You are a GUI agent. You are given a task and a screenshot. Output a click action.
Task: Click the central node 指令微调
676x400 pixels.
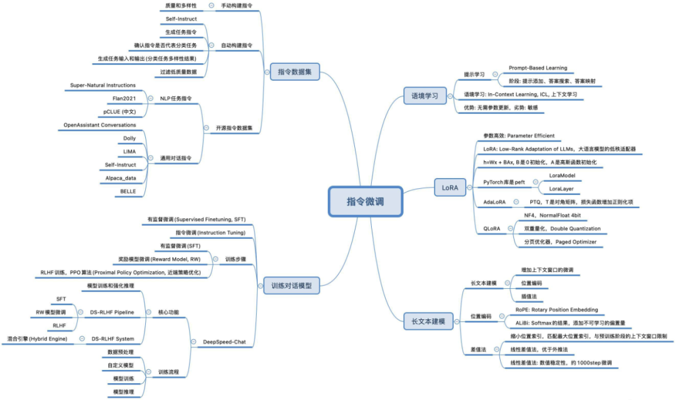coord(365,201)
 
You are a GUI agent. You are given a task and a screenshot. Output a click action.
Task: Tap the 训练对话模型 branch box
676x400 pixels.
coord(291,286)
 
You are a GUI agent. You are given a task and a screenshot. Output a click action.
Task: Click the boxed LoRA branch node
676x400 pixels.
coord(449,187)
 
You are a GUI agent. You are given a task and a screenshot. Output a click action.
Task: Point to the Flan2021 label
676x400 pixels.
coord(125,99)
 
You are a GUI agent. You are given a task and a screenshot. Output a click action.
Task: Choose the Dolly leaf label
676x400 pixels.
coord(129,138)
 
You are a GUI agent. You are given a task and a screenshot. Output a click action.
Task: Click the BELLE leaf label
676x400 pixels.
coord(128,191)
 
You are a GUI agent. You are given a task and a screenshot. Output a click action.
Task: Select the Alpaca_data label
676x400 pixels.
coord(121,178)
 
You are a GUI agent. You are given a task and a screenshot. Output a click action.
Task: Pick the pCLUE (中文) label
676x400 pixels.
coord(120,112)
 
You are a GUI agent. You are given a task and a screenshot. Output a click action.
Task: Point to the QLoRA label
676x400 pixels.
coord(492,229)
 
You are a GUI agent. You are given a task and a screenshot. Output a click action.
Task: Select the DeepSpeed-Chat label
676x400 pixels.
coord(225,342)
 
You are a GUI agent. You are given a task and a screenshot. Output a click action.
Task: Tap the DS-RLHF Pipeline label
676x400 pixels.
coord(112,312)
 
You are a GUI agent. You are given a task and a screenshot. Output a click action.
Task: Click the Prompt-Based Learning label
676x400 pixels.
coord(538,67)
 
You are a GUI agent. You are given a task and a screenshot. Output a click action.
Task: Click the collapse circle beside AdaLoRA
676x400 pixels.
coord(516,202)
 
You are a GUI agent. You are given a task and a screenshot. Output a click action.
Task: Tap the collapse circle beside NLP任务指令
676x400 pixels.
coord(150,99)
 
